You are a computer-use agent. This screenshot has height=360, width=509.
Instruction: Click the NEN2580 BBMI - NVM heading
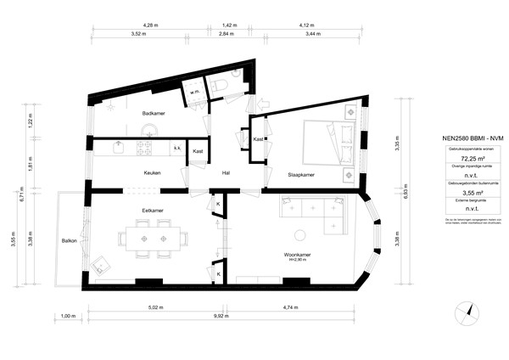[x=461, y=138]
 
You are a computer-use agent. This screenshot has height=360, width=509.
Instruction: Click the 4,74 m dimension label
[x=291, y=307]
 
